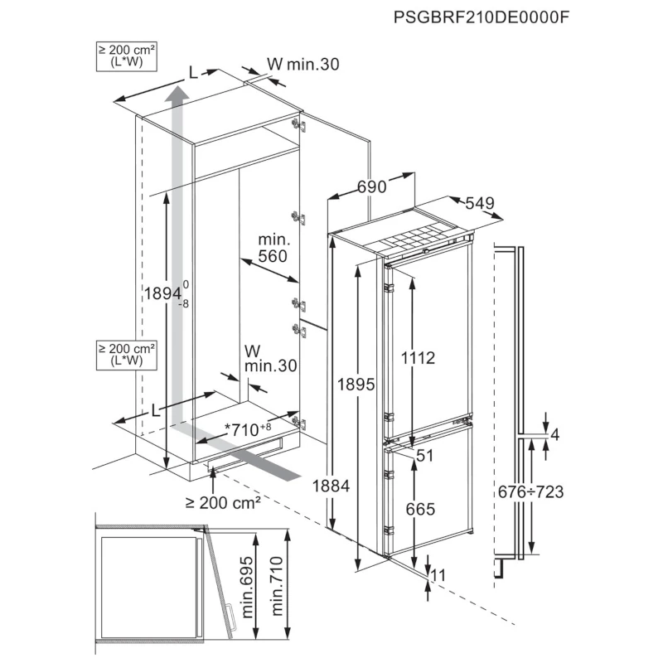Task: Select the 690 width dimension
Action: point(372,187)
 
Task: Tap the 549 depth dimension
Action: point(481,203)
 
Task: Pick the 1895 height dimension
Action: point(356,385)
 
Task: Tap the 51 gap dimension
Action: point(425,455)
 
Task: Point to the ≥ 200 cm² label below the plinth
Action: point(223,502)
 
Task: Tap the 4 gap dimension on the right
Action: point(554,433)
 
